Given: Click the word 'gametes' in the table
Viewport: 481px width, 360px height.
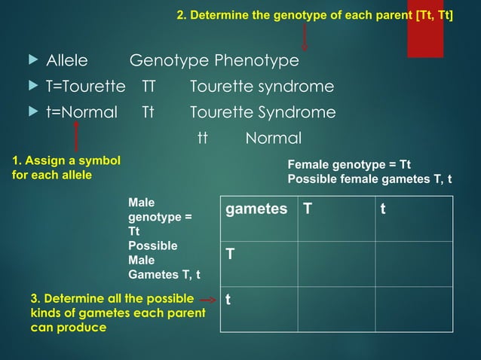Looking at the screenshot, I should click(x=256, y=209).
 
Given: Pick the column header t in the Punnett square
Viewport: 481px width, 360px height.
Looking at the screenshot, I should click(x=383, y=209).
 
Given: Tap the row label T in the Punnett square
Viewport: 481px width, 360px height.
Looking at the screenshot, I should click(x=230, y=255).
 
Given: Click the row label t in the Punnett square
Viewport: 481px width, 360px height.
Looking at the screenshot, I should click(x=228, y=299).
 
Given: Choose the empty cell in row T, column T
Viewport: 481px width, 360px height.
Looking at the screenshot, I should click(x=335, y=264).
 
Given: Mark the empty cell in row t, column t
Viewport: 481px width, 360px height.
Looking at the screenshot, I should click(x=413, y=309).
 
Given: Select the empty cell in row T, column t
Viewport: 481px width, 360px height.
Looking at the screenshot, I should click(x=413, y=264).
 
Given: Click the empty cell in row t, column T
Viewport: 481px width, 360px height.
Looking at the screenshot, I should click(x=335, y=309).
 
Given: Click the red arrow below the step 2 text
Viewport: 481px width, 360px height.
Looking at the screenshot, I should click(x=305, y=35).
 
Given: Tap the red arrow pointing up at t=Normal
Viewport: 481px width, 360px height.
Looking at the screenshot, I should click(x=76, y=138).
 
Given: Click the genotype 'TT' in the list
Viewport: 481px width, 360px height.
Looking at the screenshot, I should click(x=149, y=87).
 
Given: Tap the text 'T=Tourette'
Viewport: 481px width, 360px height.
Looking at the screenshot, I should click(x=85, y=87).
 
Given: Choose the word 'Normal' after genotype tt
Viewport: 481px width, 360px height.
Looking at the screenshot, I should click(x=273, y=139).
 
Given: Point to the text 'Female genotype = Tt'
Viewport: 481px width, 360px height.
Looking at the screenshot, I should click(x=350, y=166).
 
